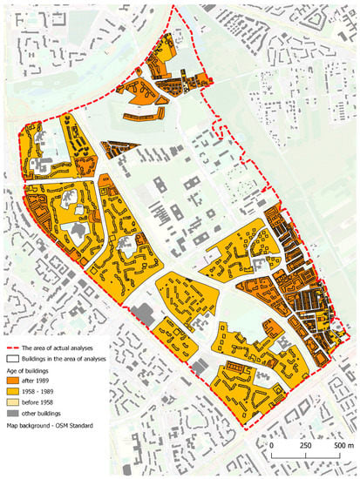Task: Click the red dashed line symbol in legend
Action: click(x=12, y=347)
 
